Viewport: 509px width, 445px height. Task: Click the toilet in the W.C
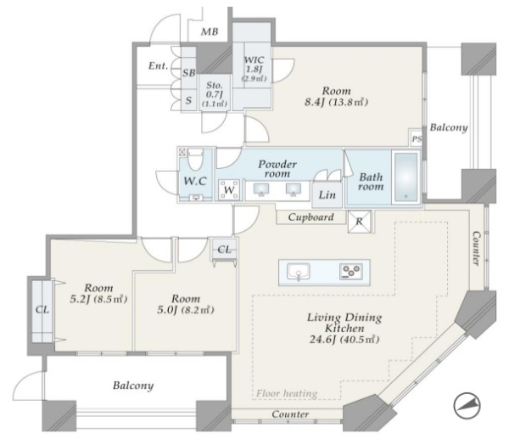click(x=195, y=160)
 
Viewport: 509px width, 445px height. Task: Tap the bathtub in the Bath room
click(x=406, y=177)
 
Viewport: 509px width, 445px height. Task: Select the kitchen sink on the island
click(x=299, y=272)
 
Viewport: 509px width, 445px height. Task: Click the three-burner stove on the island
click(x=351, y=272)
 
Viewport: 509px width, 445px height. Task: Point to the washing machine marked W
click(x=229, y=189)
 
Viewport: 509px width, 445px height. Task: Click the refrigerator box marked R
click(x=359, y=222)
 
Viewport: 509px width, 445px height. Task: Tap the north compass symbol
click(x=467, y=406)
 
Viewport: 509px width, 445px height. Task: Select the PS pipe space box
click(x=417, y=138)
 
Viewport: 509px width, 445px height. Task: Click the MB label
click(x=210, y=32)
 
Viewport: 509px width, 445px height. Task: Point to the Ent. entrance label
click(x=159, y=66)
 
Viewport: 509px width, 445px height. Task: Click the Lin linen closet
click(x=327, y=194)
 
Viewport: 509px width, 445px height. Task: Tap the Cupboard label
click(x=310, y=217)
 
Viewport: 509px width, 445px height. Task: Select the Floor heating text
click(x=287, y=394)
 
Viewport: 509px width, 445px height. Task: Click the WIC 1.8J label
click(x=254, y=65)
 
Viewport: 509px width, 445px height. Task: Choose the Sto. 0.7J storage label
click(x=215, y=90)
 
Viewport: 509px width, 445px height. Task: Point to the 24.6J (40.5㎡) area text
click(x=344, y=340)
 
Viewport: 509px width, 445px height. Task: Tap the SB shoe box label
click(x=189, y=73)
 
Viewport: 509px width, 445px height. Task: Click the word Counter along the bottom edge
click(x=290, y=414)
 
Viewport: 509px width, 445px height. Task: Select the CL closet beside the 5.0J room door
click(x=224, y=250)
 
